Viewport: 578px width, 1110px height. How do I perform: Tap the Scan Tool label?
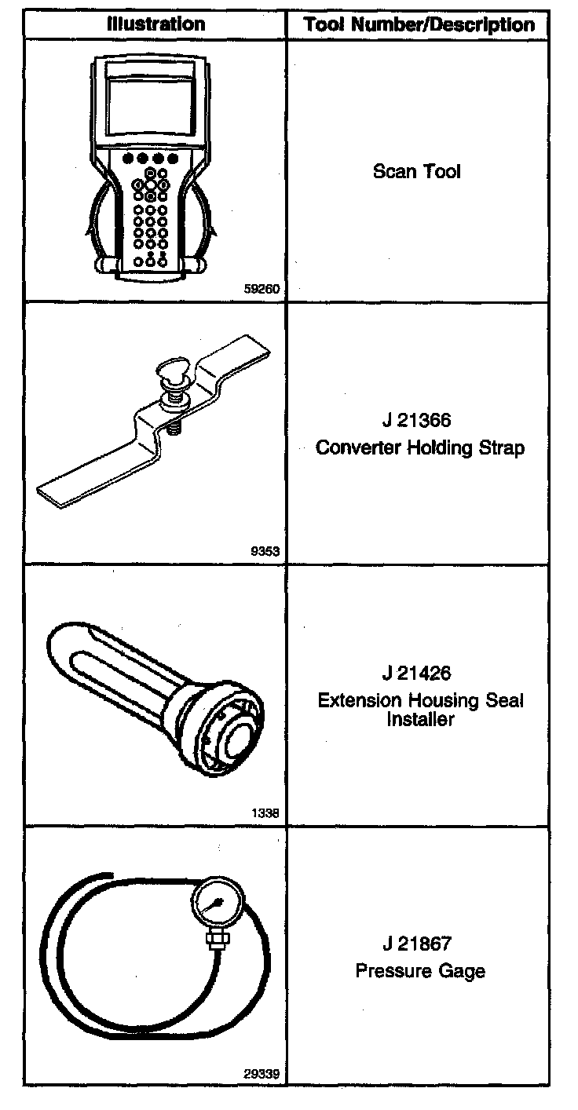tap(417, 171)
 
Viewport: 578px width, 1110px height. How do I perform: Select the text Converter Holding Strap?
tap(419, 447)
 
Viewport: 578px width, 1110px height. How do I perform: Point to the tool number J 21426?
tap(418, 674)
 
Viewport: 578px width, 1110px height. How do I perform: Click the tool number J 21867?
tap(418, 944)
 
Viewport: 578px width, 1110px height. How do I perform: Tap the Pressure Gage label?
tap(420, 971)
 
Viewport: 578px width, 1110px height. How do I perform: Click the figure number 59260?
tap(262, 289)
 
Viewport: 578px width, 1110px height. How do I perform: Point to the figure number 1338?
tap(265, 813)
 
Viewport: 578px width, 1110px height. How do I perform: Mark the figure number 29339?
tap(262, 1074)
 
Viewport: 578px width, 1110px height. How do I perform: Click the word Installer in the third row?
tap(420, 719)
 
